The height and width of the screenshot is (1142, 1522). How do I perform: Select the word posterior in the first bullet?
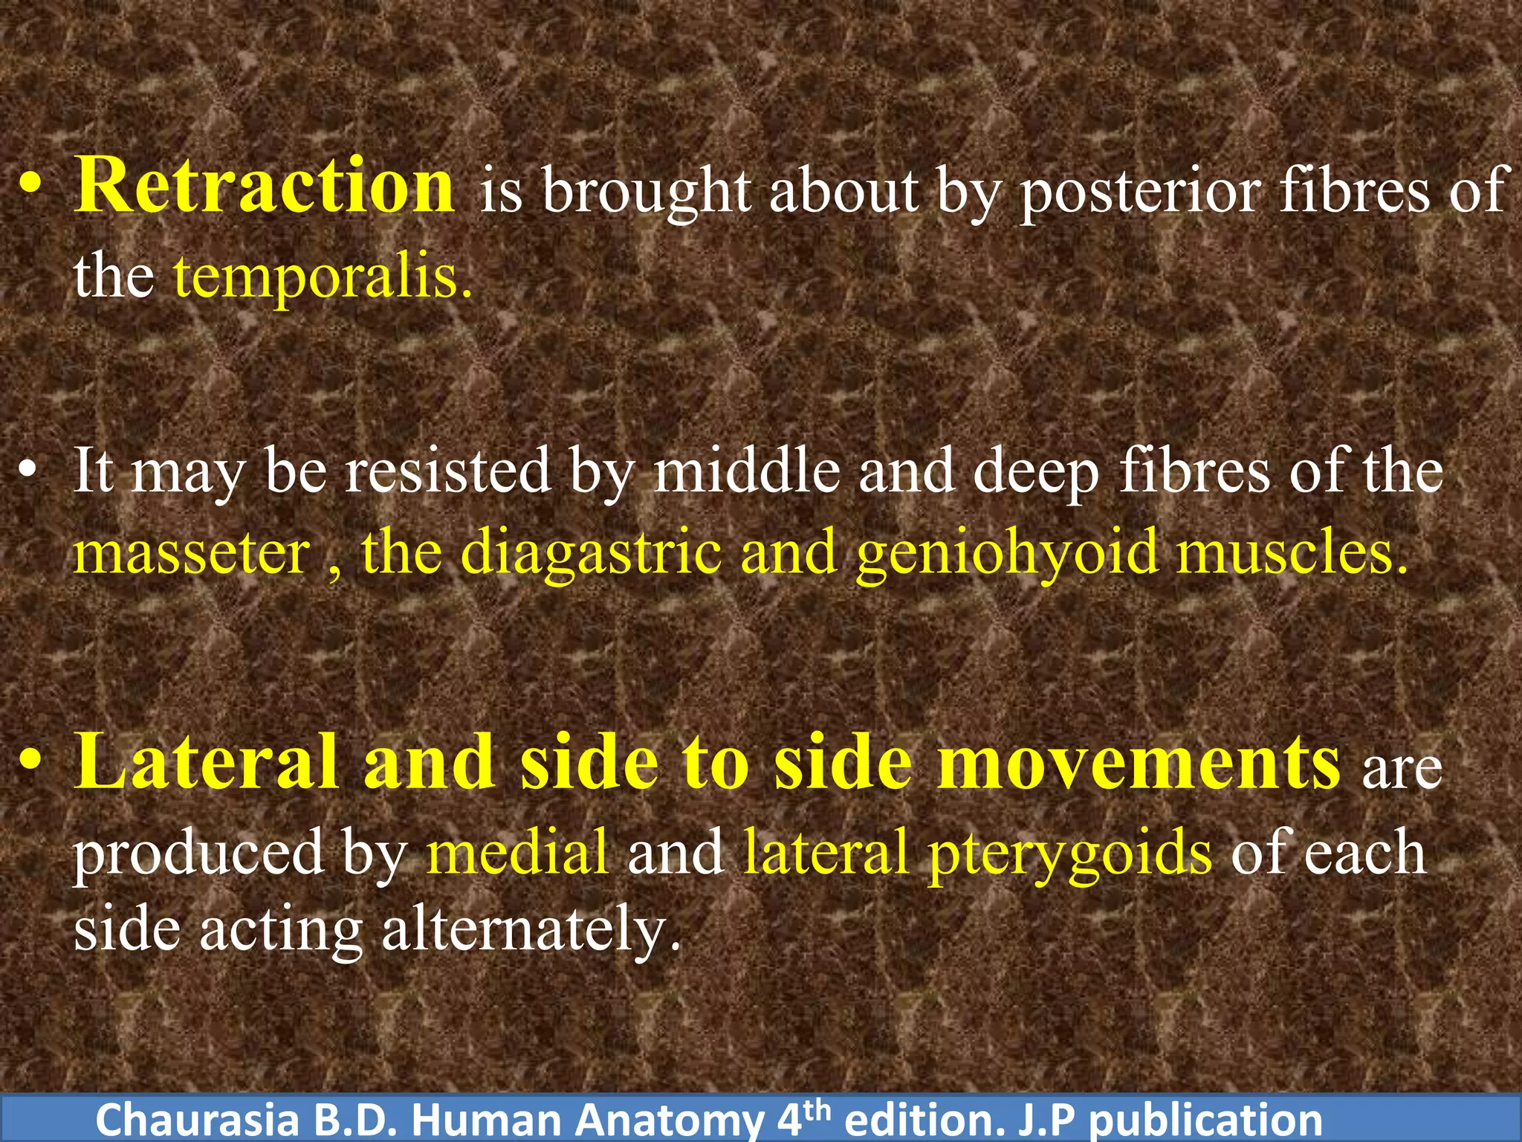pyautogui.click(x=1140, y=192)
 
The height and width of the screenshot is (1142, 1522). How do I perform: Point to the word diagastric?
pyautogui.click(x=591, y=554)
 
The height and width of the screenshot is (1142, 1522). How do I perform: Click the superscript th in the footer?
pyautogui.click(x=817, y=1111)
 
